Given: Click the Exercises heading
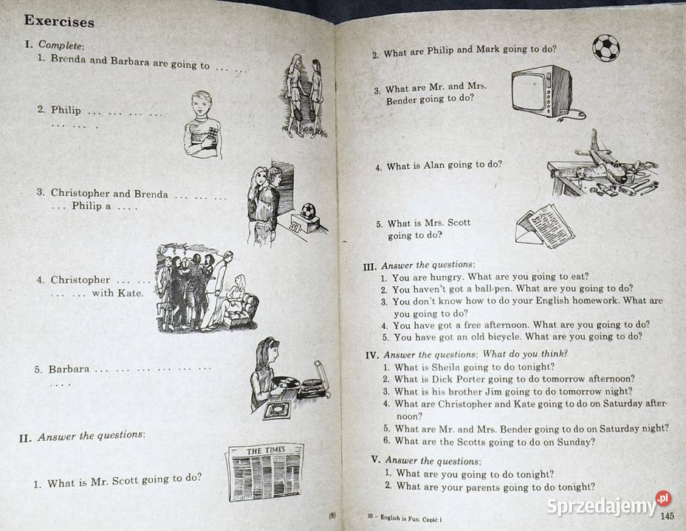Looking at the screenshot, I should click(x=60, y=21).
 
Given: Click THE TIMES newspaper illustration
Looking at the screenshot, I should click(x=264, y=473).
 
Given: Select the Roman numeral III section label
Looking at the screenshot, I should click(x=370, y=265).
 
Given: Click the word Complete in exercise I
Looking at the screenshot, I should click(x=61, y=46).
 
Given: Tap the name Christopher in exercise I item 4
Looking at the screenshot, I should click(x=80, y=280).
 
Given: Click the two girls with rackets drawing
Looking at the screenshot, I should click(x=303, y=94).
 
